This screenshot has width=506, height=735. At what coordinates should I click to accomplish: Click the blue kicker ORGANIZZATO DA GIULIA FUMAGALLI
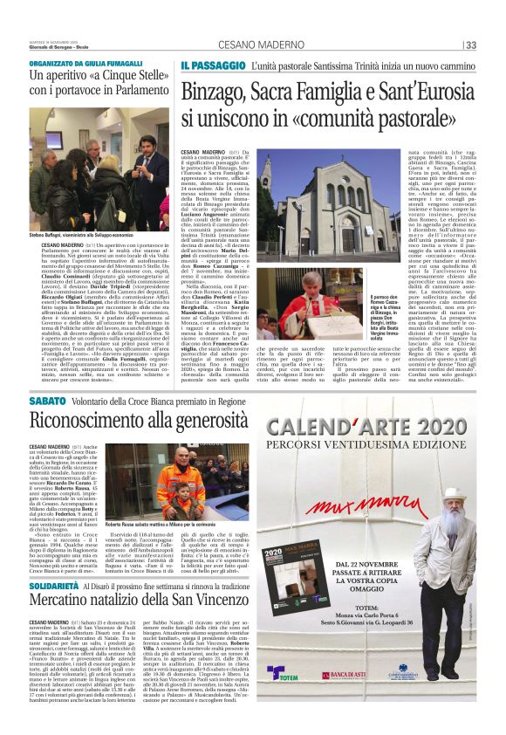85,65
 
